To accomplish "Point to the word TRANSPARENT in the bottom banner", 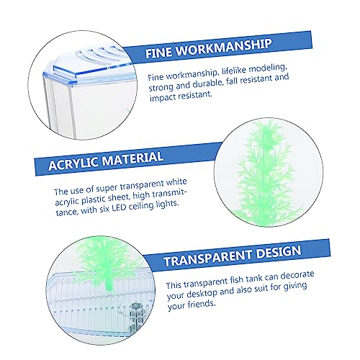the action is click(x=207, y=258).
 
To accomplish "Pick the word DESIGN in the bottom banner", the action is click(x=279, y=252).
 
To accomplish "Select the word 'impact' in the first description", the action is click(x=162, y=97).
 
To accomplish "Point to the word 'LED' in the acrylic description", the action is click(x=118, y=207).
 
